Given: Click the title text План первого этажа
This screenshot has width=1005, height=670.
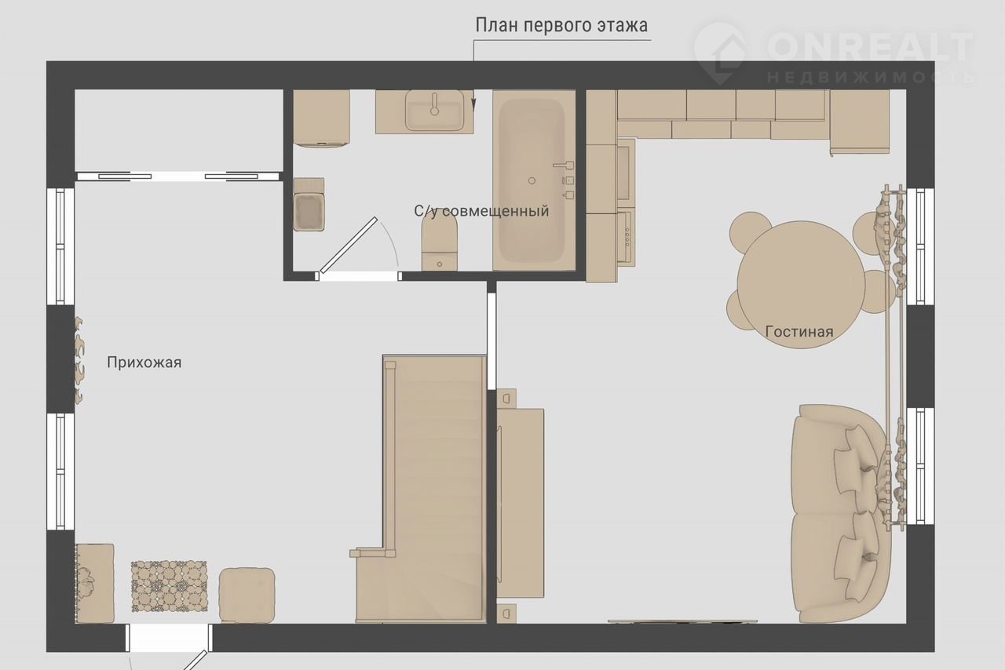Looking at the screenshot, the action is (561, 26).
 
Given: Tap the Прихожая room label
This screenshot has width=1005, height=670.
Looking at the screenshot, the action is (144, 362).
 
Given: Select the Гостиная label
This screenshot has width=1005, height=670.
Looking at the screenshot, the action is (799, 332).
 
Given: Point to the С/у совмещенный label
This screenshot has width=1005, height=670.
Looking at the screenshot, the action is (481, 211).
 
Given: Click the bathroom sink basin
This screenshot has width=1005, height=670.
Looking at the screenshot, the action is (434, 110).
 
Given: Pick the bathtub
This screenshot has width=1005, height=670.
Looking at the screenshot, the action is (533, 180).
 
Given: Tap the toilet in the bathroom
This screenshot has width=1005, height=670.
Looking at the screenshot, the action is (439, 245).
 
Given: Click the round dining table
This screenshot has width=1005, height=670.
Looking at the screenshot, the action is (800, 284).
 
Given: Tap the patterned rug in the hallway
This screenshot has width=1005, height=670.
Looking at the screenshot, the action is (169, 586).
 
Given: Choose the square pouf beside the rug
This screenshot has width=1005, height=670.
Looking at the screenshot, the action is (247, 595).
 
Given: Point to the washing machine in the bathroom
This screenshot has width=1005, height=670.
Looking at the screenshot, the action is (321, 118).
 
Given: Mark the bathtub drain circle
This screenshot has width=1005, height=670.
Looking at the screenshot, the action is (532, 180).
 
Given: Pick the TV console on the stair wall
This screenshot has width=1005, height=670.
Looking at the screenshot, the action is (521, 503).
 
